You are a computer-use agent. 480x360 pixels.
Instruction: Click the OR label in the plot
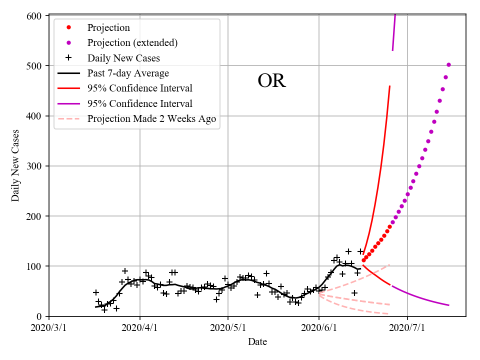coord(271,81)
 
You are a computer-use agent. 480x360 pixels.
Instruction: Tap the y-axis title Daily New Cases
coord(15,165)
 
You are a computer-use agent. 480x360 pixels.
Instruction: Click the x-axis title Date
coord(257,342)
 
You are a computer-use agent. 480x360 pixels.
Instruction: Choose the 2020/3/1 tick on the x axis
coord(49,328)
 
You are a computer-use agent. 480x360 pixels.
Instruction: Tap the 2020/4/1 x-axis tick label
coord(140,328)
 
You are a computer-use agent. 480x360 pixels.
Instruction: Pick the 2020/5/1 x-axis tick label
coord(228,328)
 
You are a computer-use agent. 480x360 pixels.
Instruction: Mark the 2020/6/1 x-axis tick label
coord(319,328)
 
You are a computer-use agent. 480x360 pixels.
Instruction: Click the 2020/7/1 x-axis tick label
coord(407,328)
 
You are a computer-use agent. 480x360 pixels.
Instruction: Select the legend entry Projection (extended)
coord(132,43)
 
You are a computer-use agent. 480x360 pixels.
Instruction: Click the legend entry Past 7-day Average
coord(128,73)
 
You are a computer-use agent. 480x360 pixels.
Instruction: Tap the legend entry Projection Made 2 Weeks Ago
coord(151,119)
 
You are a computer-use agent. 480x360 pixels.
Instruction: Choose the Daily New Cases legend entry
coord(123,58)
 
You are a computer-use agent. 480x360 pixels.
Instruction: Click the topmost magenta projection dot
coord(448,64)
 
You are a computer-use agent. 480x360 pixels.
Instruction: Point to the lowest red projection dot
coord(363,260)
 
